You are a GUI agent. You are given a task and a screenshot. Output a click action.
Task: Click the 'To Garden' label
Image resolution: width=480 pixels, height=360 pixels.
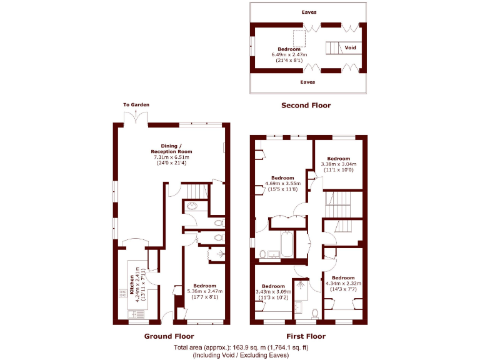(x=136, y=104)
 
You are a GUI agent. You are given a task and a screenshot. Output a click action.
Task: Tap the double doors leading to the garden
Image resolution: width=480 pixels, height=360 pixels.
(x=137, y=117)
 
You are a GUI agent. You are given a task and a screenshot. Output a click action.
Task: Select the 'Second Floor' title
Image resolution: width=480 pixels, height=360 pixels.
(x=306, y=106)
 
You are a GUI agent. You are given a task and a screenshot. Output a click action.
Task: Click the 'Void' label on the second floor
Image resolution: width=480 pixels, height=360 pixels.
(x=351, y=47)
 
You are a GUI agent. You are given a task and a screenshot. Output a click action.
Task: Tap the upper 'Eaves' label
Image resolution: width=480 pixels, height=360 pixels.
(x=308, y=12)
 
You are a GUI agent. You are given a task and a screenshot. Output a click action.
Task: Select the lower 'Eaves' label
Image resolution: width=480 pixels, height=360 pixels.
(x=308, y=82)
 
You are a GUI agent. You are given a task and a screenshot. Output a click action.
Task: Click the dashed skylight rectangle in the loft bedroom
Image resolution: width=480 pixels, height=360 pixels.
(x=299, y=39)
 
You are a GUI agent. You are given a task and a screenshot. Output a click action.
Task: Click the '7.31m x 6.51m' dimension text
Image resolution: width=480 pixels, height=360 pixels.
(x=171, y=157)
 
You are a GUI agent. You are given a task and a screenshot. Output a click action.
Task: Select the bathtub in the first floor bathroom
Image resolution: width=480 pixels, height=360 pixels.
(x=287, y=244)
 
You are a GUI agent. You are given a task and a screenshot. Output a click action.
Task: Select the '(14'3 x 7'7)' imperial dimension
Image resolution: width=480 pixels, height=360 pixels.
(x=343, y=289)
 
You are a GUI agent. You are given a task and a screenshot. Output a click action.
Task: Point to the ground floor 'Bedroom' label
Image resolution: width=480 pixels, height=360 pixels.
(x=204, y=286)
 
